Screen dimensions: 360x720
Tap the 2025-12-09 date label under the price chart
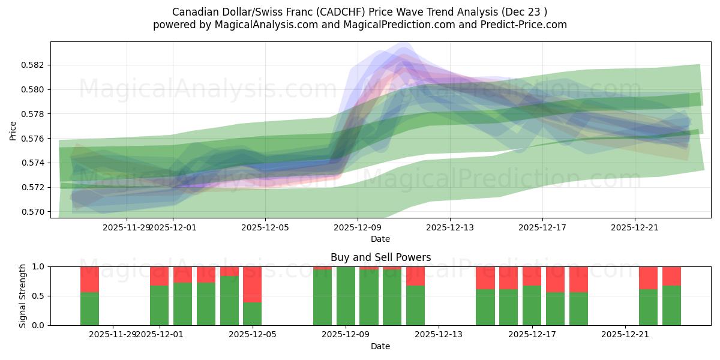tap(358, 227)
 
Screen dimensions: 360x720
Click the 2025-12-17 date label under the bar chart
tap(532, 335)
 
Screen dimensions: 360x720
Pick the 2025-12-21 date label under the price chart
tap(635, 227)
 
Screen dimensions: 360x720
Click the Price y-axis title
tap(13, 130)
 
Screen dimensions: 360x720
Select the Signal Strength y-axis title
tap(23, 296)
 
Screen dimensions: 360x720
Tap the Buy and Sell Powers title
tap(380, 257)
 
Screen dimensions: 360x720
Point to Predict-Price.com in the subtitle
tap(522, 25)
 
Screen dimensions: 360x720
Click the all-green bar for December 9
tap(346, 296)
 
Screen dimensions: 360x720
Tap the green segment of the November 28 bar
tap(89, 308)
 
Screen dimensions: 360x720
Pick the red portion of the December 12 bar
tap(415, 275)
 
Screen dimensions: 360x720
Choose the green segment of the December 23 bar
tap(671, 305)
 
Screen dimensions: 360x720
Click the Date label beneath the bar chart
tap(380, 346)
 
